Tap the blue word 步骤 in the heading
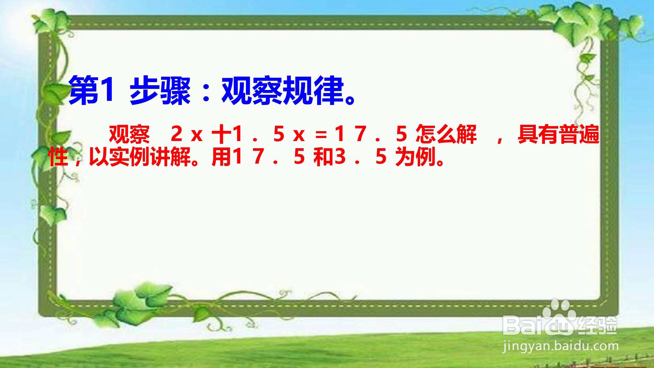click(x=160, y=91)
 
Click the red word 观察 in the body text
click(x=129, y=135)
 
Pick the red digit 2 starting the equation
click(x=176, y=134)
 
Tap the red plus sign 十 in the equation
click(x=221, y=134)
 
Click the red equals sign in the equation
click(x=321, y=135)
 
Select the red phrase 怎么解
click(x=446, y=135)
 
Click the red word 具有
click(x=538, y=135)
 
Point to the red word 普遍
click(x=579, y=135)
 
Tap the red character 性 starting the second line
click(x=58, y=157)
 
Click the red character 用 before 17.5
click(x=221, y=157)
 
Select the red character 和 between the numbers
click(x=324, y=157)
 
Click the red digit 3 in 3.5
click(x=340, y=156)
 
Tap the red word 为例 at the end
click(x=416, y=157)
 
